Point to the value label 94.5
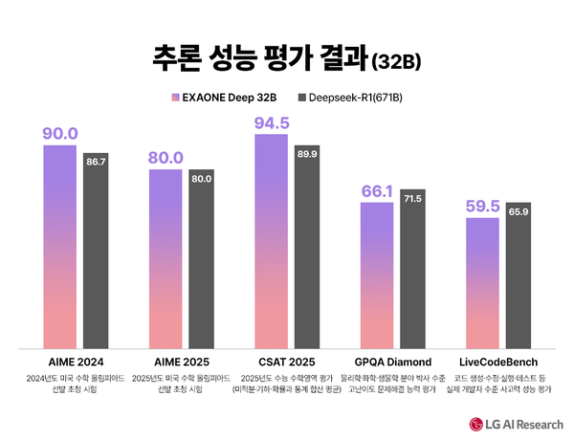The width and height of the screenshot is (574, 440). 271,122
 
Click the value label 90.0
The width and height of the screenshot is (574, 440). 59,133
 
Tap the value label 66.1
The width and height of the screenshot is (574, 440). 377,190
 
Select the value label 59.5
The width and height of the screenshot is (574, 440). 482,206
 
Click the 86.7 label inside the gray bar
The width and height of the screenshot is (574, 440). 97,163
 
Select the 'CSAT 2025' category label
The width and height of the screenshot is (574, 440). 287,363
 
